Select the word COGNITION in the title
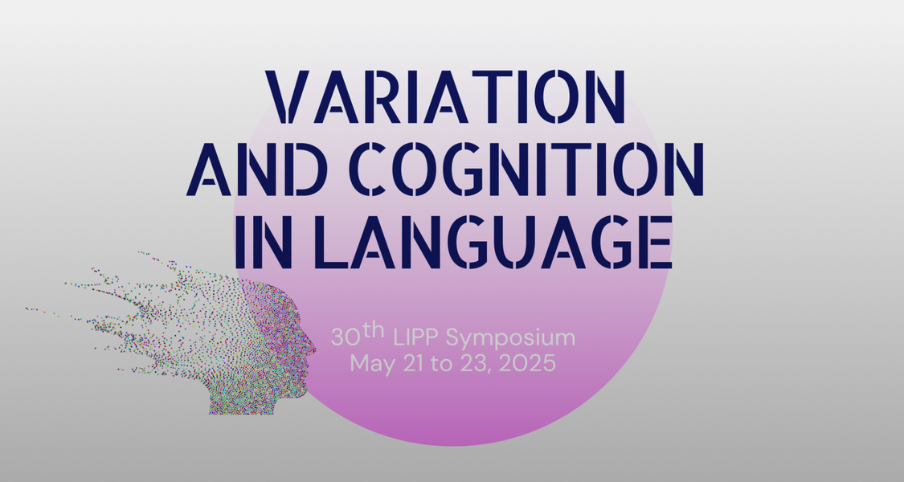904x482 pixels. (x=526, y=169)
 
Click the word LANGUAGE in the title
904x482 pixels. (x=494, y=242)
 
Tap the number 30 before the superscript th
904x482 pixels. (x=346, y=337)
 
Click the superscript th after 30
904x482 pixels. (x=374, y=330)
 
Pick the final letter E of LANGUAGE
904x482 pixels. (x=656, y=242)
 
